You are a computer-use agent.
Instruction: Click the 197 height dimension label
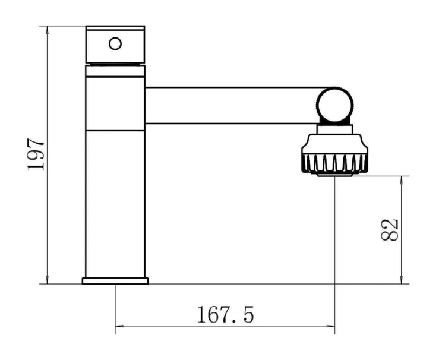click(x=36, y=154)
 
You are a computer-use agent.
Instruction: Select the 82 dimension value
click(x=390, y=230)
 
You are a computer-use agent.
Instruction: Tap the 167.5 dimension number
click(x=225, y=315)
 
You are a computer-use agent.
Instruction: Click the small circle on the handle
click(x=115, y=44)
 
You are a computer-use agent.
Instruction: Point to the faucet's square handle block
click(x=115, y=45)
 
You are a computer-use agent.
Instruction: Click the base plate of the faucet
click(x=115, y=281)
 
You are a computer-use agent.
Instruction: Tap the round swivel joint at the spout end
click(x=335, y=105)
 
